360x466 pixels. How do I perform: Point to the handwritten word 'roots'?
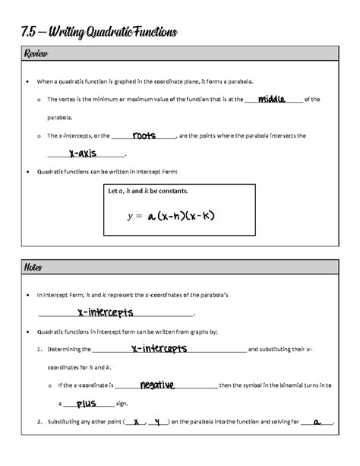[144, 136]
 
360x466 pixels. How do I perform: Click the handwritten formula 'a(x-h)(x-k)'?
[182, 217]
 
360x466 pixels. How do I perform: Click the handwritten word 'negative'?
[157, 385]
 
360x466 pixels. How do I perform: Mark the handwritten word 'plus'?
[86, 404]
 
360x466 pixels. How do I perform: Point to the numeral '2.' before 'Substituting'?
[39, 423]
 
